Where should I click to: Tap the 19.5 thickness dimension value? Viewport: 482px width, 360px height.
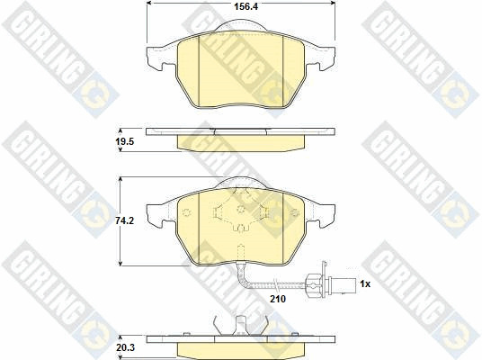click(x=125, y=142)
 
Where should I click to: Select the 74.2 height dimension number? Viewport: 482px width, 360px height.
click(x=124, y=220)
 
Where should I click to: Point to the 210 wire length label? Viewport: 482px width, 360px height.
click(x=278, y=299)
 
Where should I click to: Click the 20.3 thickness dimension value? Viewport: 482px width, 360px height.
click(x=125, y=348)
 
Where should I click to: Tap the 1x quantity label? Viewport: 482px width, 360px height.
click(x=365, y=284)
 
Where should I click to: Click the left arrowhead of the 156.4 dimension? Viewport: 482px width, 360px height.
click(x=148, y=3)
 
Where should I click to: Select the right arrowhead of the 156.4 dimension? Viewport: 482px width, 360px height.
click(x=333, y=3)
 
